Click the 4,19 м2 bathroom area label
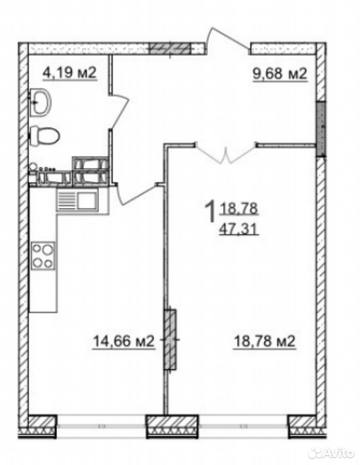pyautogui.click(x=70, y=72)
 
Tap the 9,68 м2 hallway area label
pyautogui.click(x=280, y=73)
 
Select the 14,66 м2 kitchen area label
pyautogui.click(x=124, y=341)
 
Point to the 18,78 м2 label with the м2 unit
pyautogui.click(x=265, y=341)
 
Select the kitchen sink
pyautogui.click(x=78, y=201)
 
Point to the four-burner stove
pyautogui.click(x=43, y=255)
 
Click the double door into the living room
pyautogui.click(x=226, y=153)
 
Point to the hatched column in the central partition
pyautogui.click(x=170, y=339)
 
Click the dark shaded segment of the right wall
pyautogui.click(x=321, y=129)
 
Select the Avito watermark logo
pyautogui.click(x=331, y=452)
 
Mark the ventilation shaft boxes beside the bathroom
pyautogui.click(x=90, y=171)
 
